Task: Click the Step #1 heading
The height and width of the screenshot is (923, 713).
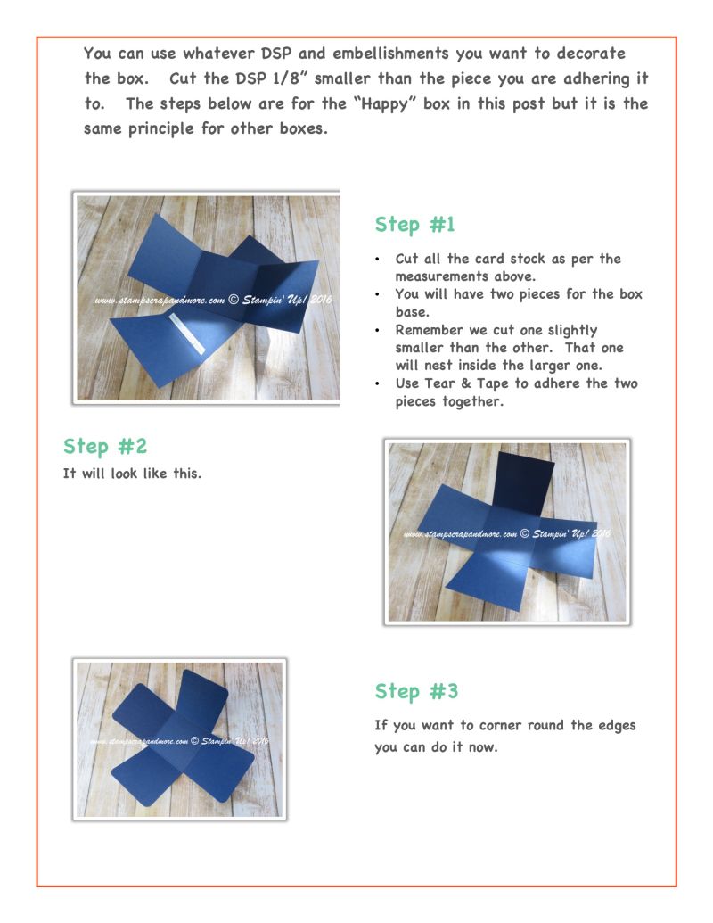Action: tap(414, 224)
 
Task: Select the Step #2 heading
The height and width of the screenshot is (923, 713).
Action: tap(104, 446)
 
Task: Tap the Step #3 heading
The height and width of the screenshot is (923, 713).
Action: tap(416, 691)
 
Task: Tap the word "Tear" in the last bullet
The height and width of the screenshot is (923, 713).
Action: tap(438, 383)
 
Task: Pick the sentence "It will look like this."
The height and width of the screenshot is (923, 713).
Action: tap(133, 474)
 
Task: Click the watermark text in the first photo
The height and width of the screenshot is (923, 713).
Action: tap(213, 300)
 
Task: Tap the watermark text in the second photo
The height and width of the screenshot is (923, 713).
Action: tap(506, 533)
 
